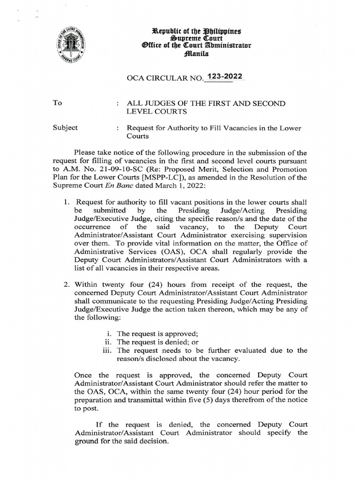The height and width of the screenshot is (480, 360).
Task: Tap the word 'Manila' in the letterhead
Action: (x=196, y=54)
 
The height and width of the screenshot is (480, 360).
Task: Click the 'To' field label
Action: (x=58, y=103)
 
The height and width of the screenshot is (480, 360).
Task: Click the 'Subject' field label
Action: (x=66, y=127)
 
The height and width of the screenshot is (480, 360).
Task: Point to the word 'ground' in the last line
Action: (x=86, y=441)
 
